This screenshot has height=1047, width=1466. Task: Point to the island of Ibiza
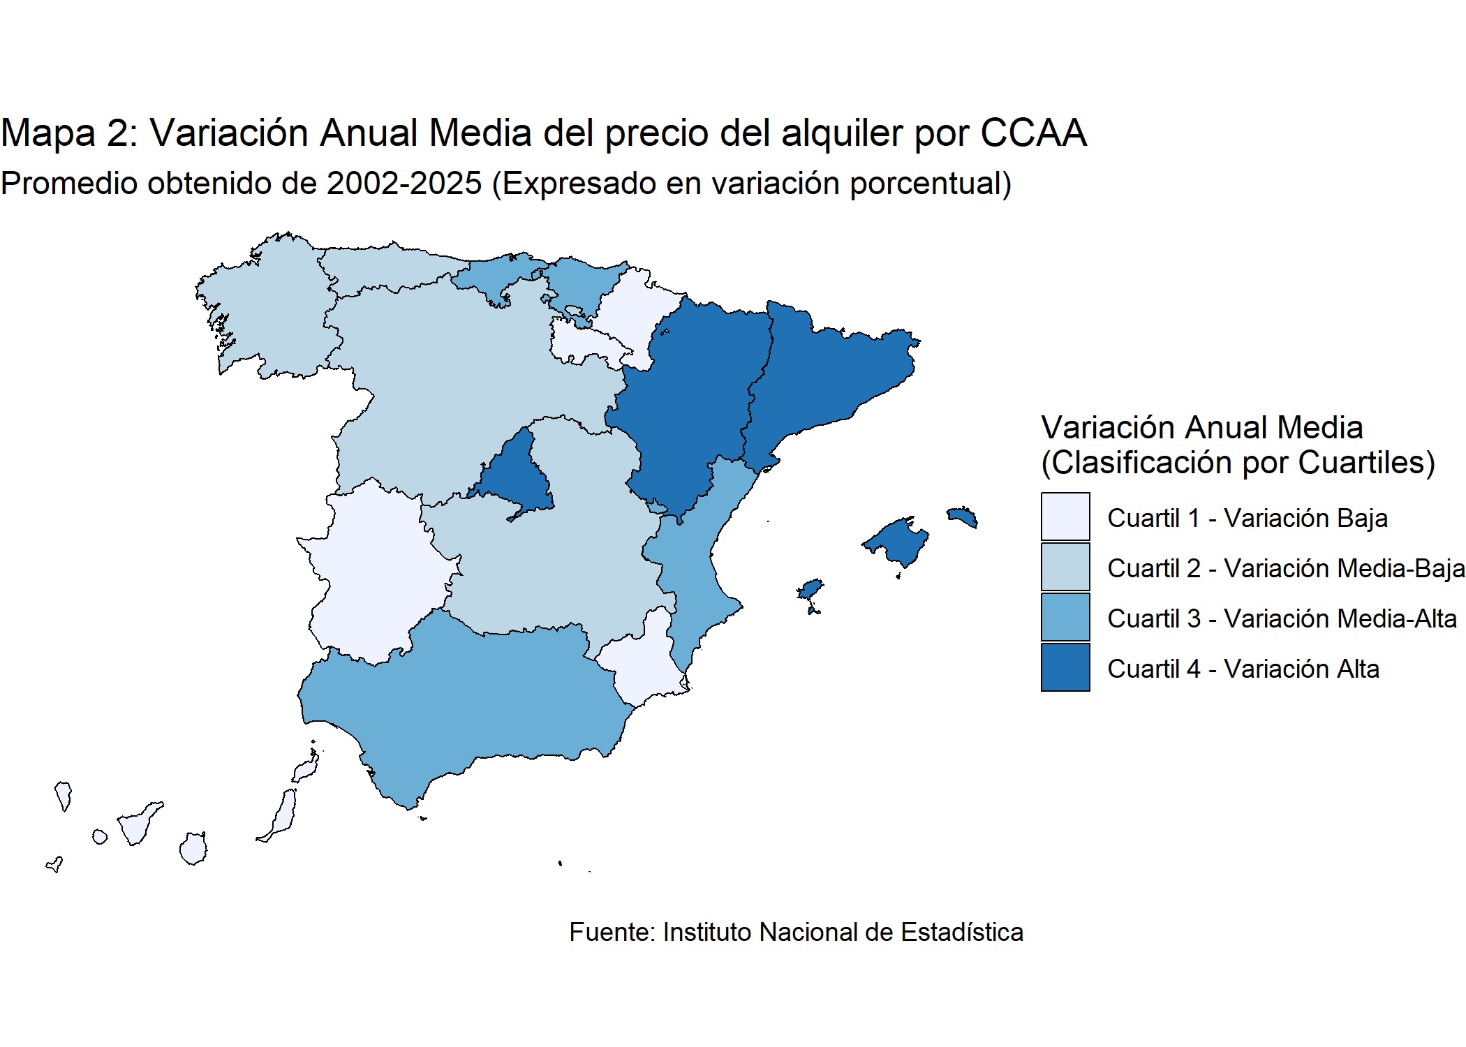click(810, 589)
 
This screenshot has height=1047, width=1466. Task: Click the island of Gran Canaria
click(193, 849)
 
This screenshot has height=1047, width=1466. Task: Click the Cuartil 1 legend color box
click(1065, 517)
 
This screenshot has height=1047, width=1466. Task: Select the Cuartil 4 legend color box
click(1065, 667)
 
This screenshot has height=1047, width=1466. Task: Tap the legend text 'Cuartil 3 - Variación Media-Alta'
click(1282, 618)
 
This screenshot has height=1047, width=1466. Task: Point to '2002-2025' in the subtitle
click(404, 184)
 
